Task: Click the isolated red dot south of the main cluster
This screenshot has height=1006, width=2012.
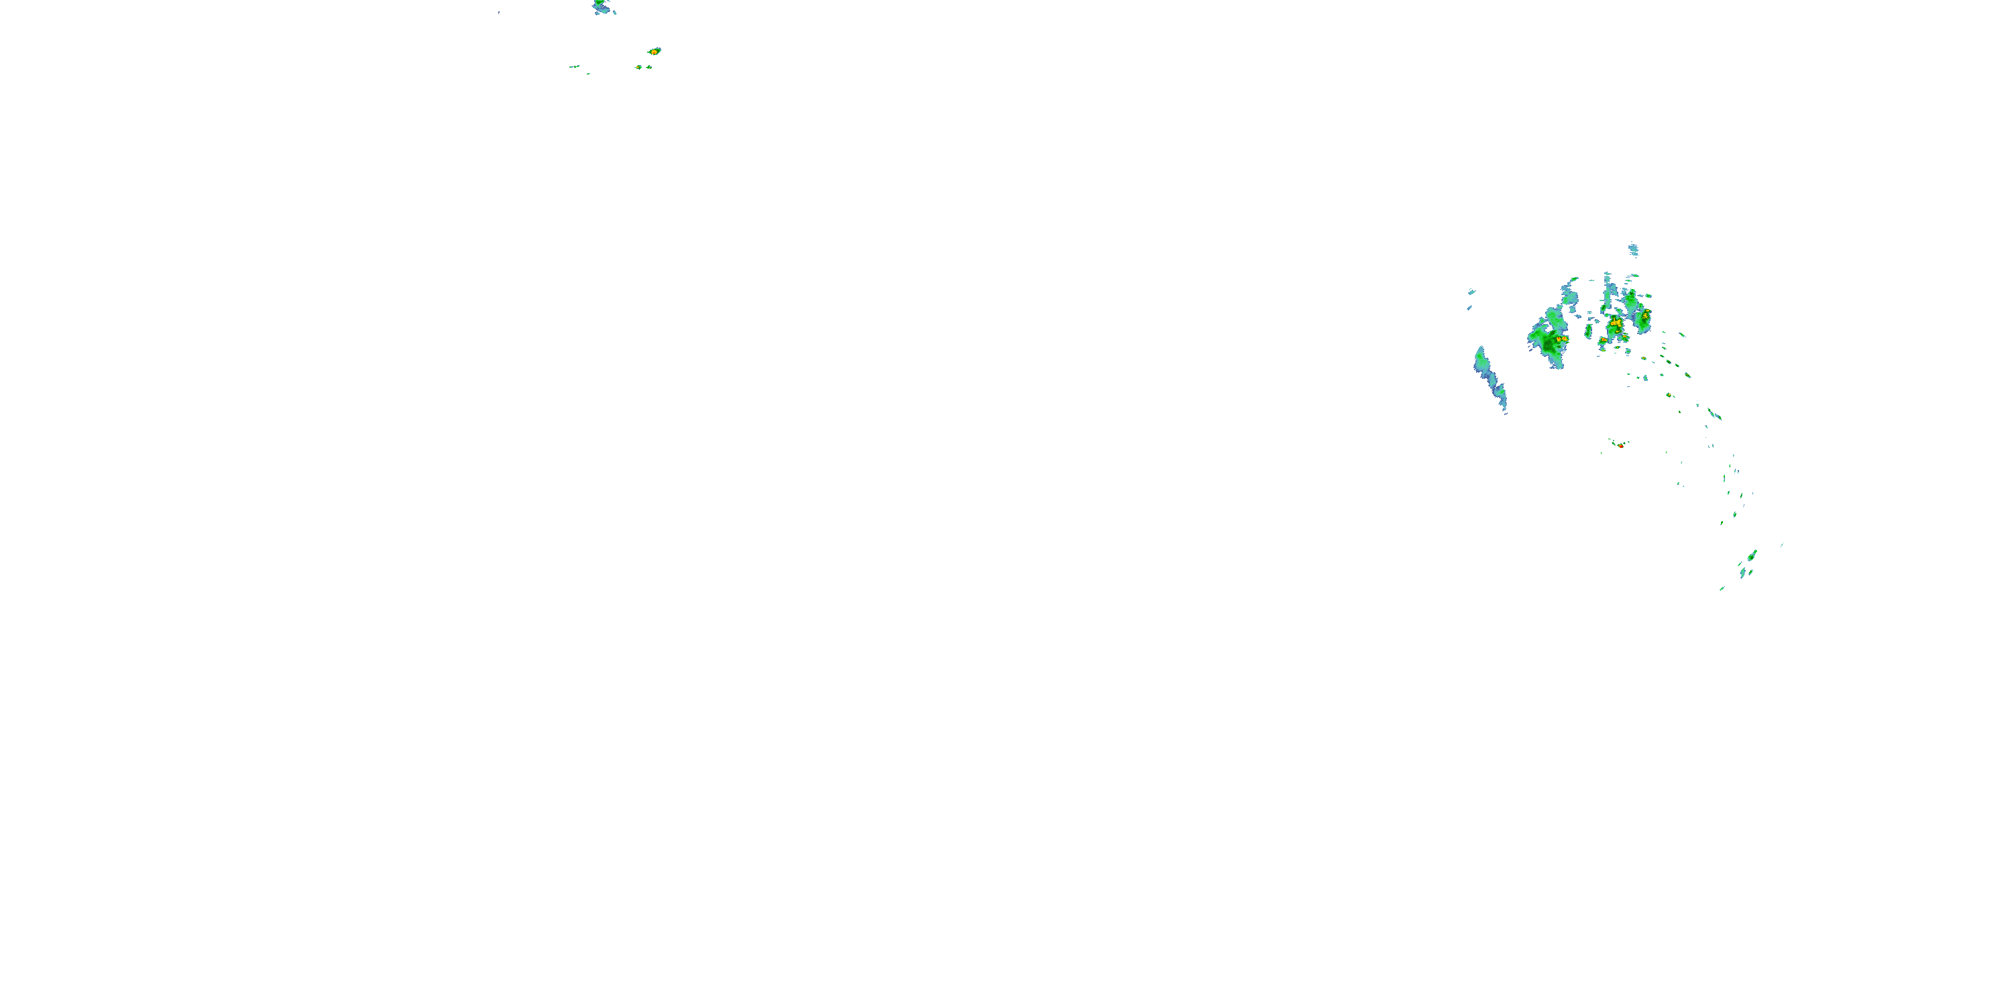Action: click(1621, 446)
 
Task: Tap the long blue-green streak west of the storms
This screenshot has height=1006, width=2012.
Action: click(1489, 378)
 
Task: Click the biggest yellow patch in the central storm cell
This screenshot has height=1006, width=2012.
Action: click(1615, 323)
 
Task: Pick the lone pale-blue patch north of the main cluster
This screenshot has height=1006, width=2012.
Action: click(1633, 251)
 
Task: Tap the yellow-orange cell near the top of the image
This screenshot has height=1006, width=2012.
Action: click(654, 52)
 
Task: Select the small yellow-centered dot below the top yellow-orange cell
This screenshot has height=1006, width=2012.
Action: click(639, 67)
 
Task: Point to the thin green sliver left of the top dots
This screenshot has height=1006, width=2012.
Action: click(574, 66)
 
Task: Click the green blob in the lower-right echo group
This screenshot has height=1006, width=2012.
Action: click(1752, 556)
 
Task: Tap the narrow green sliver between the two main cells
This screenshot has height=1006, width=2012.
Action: click(1589, 331)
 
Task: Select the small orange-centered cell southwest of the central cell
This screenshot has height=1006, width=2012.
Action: click(1603, 341)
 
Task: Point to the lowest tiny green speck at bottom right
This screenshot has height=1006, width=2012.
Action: click(1722, 588)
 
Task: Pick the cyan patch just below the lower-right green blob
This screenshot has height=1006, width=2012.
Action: click(1742, 573)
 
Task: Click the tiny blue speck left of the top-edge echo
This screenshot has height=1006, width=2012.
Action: click(499, 13)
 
